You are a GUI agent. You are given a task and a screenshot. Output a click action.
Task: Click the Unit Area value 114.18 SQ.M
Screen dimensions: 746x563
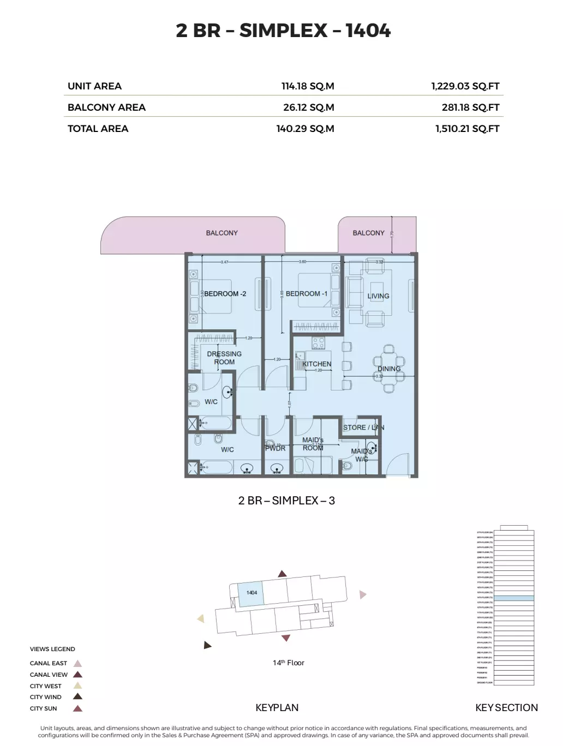click(307, 86)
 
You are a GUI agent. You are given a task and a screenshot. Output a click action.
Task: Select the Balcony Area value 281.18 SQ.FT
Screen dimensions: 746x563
click(470, 107)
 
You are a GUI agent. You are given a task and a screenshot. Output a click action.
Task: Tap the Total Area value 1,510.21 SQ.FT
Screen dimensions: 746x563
click(467, 129)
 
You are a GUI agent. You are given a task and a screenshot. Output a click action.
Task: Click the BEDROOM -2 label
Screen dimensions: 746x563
click(225, 293)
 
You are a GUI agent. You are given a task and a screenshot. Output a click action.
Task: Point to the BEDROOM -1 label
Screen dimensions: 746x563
click(307, 293)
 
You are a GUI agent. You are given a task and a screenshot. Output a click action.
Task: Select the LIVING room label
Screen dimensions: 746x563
click(378, 296)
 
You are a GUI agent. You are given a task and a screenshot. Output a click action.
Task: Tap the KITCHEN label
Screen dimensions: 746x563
click(316, 364)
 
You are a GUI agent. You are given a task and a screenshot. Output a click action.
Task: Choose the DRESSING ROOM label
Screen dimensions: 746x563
click(224, 358)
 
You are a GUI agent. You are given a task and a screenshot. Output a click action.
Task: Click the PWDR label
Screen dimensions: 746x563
click(275, 448)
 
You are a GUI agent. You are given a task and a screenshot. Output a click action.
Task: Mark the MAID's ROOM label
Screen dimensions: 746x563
click(313, 444)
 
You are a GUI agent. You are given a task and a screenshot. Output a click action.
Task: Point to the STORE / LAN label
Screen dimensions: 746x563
click(363, 428)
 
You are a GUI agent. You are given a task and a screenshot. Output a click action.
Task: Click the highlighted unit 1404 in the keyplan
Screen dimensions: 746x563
click(251, 593)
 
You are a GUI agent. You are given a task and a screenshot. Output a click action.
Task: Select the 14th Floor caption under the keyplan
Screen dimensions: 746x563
click(289, 663)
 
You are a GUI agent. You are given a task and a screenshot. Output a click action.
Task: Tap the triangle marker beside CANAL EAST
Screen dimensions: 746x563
click(77, 664)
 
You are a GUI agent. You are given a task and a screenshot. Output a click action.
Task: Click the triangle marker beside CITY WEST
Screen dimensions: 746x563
click(77, 686)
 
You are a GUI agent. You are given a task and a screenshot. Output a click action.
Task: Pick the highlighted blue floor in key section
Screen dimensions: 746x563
click(513, 598)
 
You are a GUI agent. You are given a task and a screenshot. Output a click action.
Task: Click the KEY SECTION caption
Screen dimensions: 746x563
click(506, 708)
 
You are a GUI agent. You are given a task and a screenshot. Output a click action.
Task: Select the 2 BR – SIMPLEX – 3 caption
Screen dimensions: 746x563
click(286, 501)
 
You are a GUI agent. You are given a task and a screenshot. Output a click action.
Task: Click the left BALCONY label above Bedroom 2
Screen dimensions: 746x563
click(221, 233)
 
